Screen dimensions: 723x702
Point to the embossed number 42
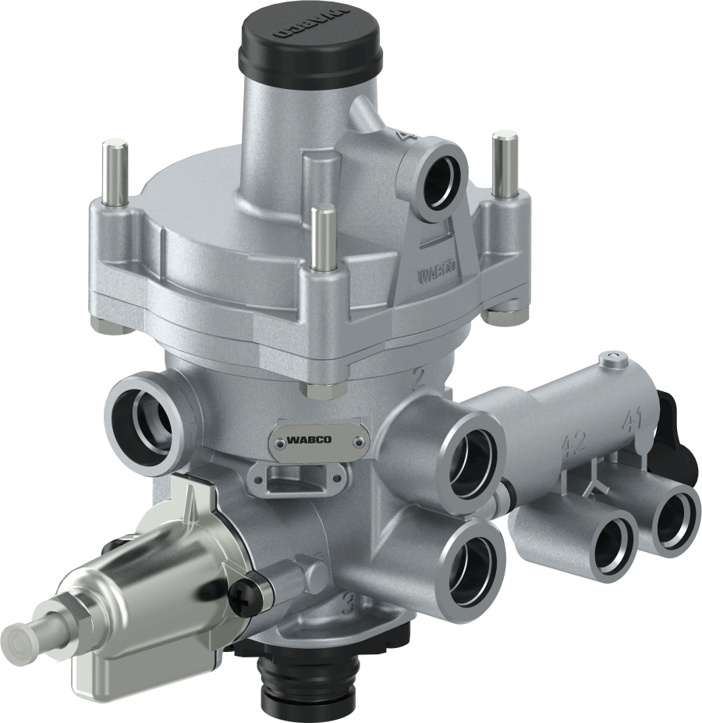click(574, 444)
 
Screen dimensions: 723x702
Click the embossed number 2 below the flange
click(420, 379)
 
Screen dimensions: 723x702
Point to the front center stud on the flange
click(320, 236)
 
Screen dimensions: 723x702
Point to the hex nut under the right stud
click(497, 314)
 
